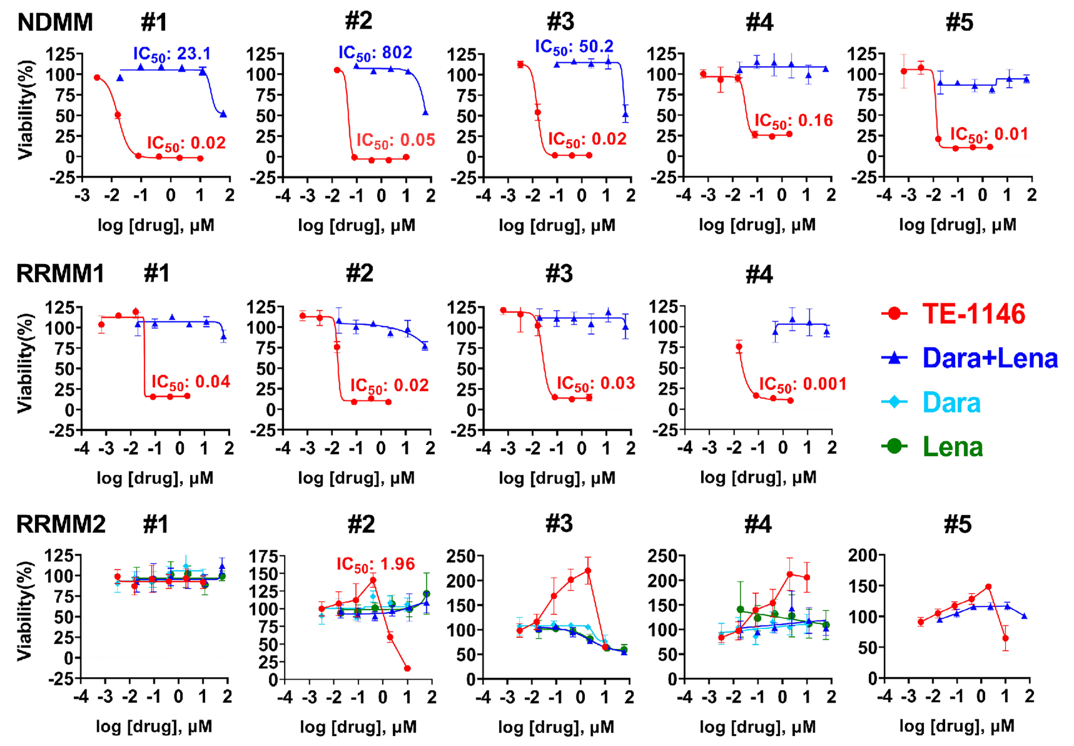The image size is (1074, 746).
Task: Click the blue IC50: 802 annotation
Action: [x=375, y=53]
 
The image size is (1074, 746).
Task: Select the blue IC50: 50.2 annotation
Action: [x=574, y=47]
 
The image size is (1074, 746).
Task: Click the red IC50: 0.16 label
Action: [x=794, y=121]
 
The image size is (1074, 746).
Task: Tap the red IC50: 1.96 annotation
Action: [x=375, y=564]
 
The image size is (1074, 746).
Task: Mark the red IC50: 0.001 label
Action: [x=803, y=384]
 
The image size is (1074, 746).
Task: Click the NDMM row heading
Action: [x=55, y=22]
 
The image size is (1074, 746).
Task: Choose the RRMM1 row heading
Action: [x=60, y=274]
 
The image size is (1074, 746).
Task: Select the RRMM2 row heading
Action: [x=61, y=524]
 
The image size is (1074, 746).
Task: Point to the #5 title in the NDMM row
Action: [x=959, y=22]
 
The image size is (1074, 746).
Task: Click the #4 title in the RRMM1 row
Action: [x=759, y=274]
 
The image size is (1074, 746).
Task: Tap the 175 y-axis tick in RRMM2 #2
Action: [x=267, y=556]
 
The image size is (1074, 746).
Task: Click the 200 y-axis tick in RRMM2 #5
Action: [x=865, y=555]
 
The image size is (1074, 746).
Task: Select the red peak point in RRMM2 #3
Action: [x=588, y=570]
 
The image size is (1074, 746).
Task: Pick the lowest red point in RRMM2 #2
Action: [x=407, y=668]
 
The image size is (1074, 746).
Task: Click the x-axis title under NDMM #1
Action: [x=156, y=226]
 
